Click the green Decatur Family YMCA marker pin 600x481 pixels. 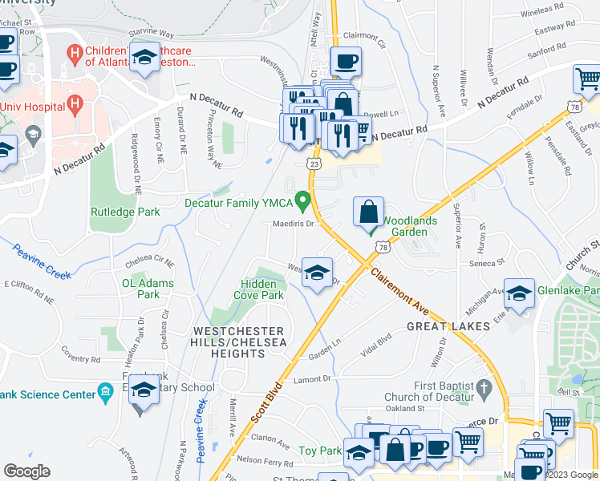click(302, 198)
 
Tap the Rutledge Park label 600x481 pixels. click(125, 212)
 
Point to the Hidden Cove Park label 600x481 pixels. click(259, 289)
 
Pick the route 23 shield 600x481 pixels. click(314, 164)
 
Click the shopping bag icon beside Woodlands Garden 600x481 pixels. click(367, 212)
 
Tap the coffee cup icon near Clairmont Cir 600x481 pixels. click(346, 61)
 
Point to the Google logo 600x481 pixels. click(26, 471)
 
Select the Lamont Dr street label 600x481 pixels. click(312, 379)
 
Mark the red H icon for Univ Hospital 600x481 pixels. click(75, 103)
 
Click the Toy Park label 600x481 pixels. click(320, 451)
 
